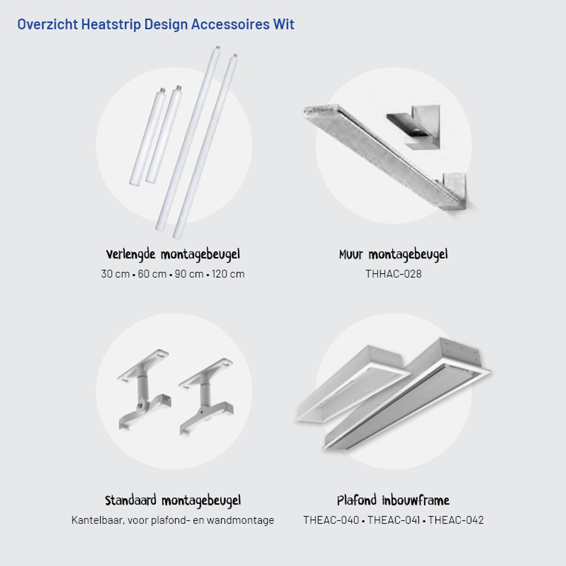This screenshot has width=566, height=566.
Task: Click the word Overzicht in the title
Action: pos(48,24)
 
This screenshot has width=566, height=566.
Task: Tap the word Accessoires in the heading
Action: pos(230,24)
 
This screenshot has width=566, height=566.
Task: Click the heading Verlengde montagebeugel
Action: pos(173,255)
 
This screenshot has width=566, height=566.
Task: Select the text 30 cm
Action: pos(115,274)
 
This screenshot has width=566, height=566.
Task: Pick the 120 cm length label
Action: pos(228,274)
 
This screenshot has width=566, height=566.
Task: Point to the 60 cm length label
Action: pos(152,274)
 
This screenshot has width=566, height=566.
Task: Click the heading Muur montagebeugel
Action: pos(393,255)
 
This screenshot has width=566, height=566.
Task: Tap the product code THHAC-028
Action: pos(393,274)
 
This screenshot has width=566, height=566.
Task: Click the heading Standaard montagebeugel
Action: pos(173,501)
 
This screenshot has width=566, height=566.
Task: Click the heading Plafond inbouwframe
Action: pos(393,500)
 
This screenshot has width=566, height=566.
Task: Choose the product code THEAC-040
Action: pos(331,520)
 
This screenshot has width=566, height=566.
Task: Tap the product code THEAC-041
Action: pos(393,520)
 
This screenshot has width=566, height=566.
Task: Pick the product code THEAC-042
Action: pos(456,520)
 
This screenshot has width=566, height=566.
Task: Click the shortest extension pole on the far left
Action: pos(148,137)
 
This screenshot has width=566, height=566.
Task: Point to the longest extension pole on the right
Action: pos(206,146)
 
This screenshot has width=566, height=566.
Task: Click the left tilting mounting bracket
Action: pos(144,390)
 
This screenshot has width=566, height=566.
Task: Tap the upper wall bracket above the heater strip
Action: pos(415,127)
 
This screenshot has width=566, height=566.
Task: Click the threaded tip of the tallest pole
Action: pos(217,48)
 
